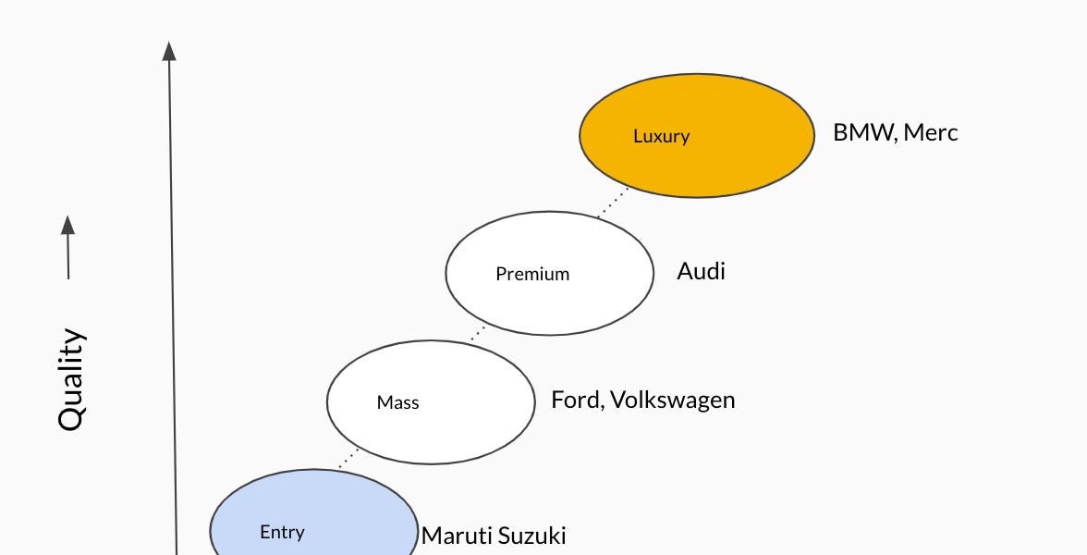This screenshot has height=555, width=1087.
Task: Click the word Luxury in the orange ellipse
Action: (x=661, y=136)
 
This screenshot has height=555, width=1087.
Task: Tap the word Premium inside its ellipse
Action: (x=532, y=274)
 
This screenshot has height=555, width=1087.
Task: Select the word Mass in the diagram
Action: (x=397, y=402)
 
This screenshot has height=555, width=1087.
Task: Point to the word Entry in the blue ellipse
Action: (x=282, y=532)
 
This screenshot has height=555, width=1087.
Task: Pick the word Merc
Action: (x=931, y=132)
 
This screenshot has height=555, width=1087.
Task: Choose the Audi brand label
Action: (x=701, y=271)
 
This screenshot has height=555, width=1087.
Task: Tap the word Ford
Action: (x=574, y=400)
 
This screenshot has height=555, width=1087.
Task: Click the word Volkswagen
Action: (x=673, y=400)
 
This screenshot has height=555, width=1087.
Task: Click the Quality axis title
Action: (x=71, y=379)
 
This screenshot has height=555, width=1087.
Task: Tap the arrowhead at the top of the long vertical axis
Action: (x=169, y=51)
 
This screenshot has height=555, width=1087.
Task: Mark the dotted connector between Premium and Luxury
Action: (x=612, y=203)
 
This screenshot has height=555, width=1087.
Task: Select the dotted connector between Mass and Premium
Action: (x=478, y=332)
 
